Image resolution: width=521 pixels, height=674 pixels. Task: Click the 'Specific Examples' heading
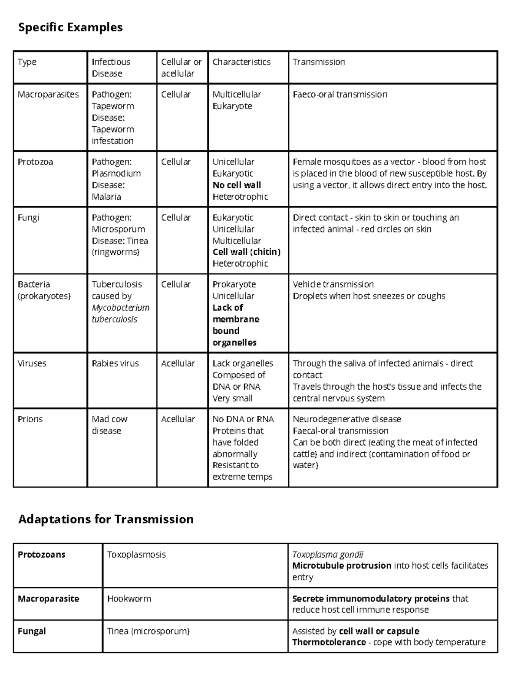pos(70,27)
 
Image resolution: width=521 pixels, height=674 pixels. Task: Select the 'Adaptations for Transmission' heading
pos(106,519)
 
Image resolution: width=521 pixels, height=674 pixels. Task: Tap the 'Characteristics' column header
pos(241,62)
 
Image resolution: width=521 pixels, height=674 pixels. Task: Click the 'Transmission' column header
pos(319,62)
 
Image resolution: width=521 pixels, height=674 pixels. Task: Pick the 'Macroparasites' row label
pos(48,95)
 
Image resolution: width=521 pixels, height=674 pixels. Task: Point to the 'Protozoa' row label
pos(35,162)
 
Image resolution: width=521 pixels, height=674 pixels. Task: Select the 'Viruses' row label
pos(32,363)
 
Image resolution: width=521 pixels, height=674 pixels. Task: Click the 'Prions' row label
pos(30,419)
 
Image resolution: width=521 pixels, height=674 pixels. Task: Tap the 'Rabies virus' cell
pos(115,363)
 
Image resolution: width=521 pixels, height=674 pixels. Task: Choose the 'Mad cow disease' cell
pos(109,425)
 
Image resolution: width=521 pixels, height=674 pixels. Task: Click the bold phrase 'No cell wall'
pos(237,185)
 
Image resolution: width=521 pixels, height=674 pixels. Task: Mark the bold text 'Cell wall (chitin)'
pos(247,252)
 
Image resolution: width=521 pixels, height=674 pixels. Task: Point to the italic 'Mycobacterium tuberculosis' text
pos(120,313)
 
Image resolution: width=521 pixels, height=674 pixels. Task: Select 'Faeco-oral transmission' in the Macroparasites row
pos(340,95)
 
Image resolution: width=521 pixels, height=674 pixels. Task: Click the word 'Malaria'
pos(106,197)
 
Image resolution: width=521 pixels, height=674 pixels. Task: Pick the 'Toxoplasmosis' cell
pos(136,555)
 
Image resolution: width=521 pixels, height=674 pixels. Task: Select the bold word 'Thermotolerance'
pos(329,642)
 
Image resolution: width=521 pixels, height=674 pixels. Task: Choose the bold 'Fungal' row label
pos(32,631)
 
